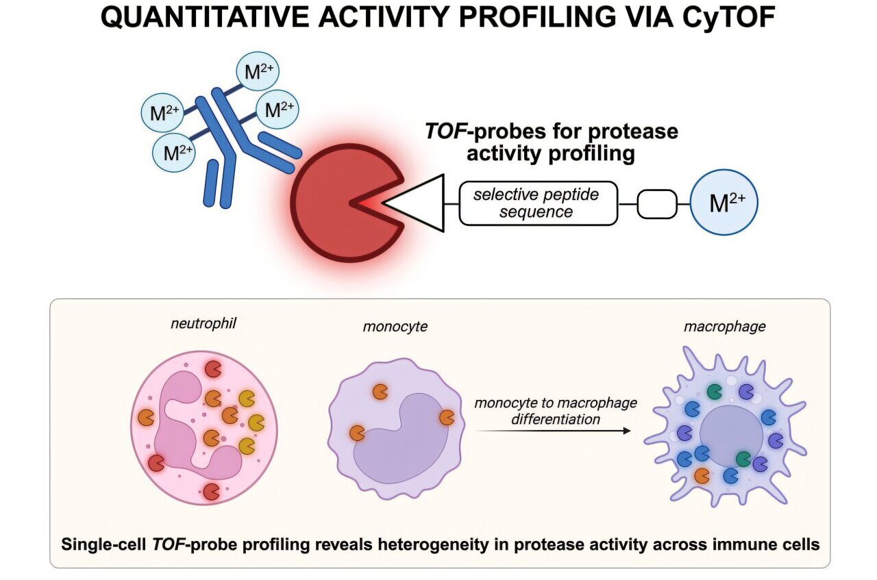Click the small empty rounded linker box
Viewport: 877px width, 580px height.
(656, 203)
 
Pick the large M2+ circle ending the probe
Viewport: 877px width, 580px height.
(724, 203)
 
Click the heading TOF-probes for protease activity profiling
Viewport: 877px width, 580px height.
(551, 142)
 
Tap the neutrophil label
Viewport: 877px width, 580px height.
(203, 323)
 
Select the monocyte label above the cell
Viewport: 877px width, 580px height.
(395, 327)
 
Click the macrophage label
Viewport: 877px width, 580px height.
(724, 327)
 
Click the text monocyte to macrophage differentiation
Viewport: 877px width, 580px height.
(555, 411)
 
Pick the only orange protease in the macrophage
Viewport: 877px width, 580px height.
(702, 475)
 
